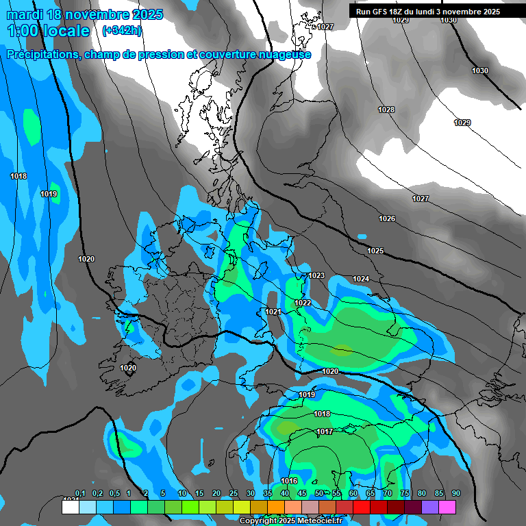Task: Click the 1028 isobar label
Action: click(386, 110)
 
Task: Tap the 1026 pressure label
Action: click(387, 218)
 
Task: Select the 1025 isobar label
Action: click(375, 251)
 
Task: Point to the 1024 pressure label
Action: click(361, 279)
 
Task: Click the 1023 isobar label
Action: click(316, 275)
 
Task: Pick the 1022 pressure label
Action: click(303, 303)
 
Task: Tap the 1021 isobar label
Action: click(273, 312)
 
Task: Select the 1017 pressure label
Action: click(325, 431)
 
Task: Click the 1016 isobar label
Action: click(289, 481)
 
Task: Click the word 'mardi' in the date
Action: click(25, 14)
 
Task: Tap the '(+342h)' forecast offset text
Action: click(122, 30)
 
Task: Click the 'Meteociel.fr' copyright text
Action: click(312, 521)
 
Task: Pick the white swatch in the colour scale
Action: click(70, 507)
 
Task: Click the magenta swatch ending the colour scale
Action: click(447, 507)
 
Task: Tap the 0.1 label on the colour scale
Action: click(80, 494)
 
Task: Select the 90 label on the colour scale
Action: click(455, 494)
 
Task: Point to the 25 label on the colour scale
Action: click(233, 494)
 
